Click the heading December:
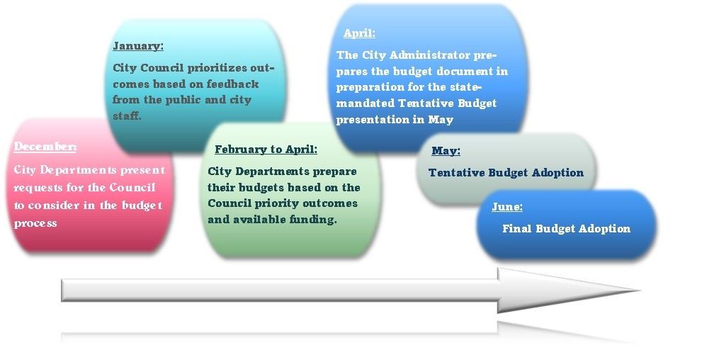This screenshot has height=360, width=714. tap(45, 147)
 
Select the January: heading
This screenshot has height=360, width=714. tap(138, 46)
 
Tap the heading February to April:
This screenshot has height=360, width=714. tap(266, 150)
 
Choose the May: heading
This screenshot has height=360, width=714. tap(446, 151)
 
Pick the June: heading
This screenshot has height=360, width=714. tap(507, 208)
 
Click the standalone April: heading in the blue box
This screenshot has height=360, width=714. tap(359, 33)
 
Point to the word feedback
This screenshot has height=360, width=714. tap(233, 84)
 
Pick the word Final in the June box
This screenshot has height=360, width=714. tap(517, 229)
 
